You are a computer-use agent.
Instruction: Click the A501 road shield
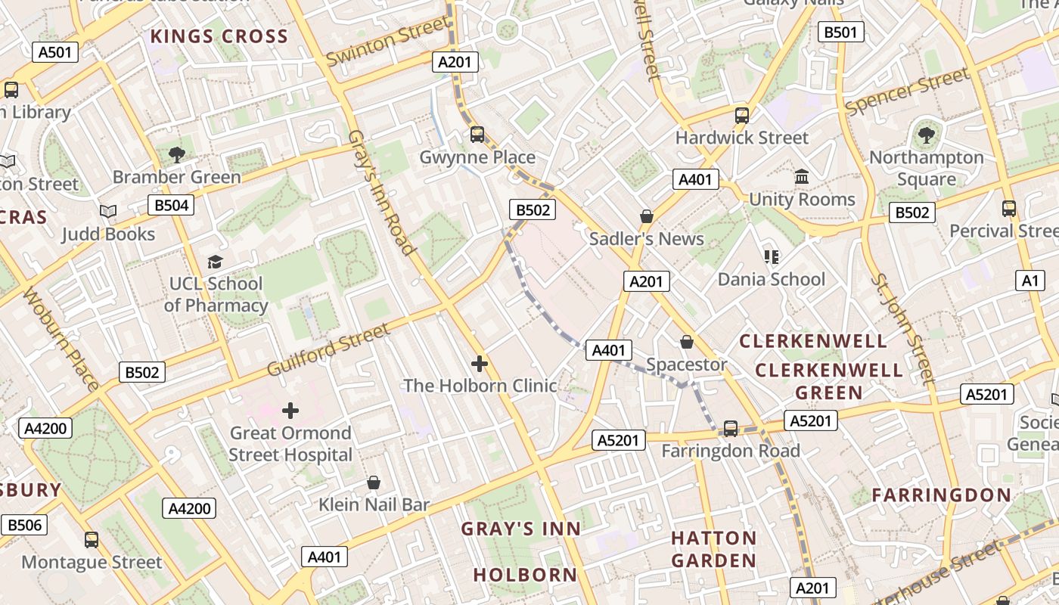(55, 52)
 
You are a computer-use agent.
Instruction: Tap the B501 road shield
(841, 32)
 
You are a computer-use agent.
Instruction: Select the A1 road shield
(1030, 281)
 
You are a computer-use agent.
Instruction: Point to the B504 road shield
(171, 205)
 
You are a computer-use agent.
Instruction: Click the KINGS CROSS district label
(219, 36)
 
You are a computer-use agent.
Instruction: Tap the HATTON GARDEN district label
(714, 549)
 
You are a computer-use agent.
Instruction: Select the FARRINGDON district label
(941, 495)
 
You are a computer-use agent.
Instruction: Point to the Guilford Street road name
(328, 350)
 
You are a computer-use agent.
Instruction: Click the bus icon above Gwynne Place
(477, 135)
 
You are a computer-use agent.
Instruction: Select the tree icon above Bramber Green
(177, 155)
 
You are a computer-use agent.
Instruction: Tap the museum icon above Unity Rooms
(802, 177)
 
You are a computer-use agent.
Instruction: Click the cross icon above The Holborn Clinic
(480, 364)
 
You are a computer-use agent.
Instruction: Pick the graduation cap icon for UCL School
(216, 262)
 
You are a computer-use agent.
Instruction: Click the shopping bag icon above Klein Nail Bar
(374, 482)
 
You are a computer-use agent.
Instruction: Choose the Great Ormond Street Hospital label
(290, 444)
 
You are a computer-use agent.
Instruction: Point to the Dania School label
(771, 279)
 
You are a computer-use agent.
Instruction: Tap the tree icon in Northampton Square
(926, 135)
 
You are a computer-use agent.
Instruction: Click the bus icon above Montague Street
(92, 540)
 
